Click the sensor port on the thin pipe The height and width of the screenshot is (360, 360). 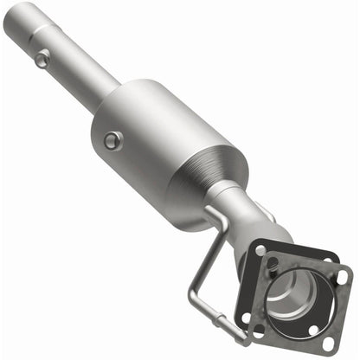42,58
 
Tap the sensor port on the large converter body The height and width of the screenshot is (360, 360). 112,139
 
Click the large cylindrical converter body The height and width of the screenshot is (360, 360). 156,138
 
